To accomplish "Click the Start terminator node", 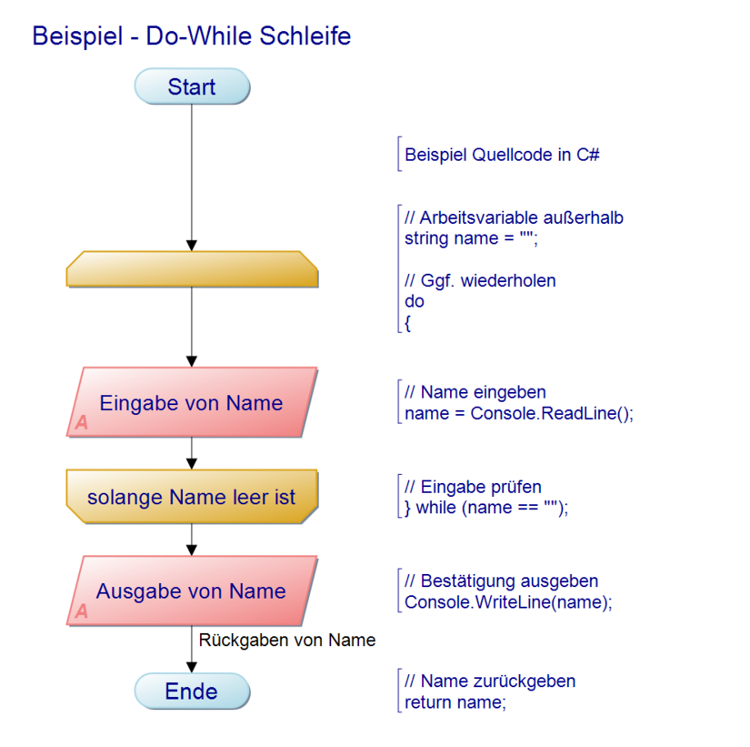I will (x=192, y=87).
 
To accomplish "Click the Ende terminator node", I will (x=192, y=691).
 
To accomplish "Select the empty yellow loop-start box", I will (x=192, y=270).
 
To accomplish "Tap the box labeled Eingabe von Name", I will (x=192, y=403).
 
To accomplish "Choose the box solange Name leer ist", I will (x=192, y=497).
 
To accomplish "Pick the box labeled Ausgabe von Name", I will (x=192, y=591).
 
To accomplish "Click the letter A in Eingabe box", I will (x=82, y=423).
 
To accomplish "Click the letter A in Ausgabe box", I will (x=82, y=611).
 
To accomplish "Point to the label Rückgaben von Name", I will (x=286, y=641).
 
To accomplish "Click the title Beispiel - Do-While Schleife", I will (x=191, y=36).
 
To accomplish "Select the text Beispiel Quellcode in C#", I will (x=502, y=155).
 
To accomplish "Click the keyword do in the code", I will (x=414, y=301).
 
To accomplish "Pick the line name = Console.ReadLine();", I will (x=518, y=413).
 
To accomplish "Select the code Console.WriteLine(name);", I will (x=508, y=601).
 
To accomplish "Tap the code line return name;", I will (x=455, y=702).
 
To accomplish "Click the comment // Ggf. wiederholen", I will (x=480, y=280).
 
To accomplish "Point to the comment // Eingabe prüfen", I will (x=473, y=488).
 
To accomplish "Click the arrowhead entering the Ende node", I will (x=192, y=667).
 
